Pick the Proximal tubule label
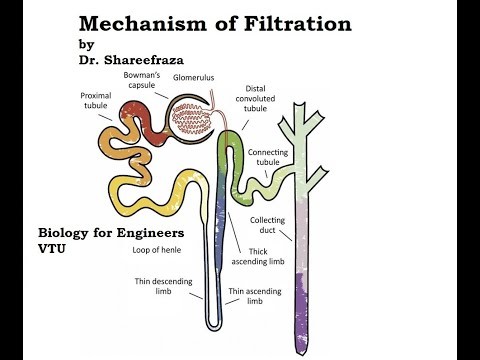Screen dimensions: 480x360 coord(95,99)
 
